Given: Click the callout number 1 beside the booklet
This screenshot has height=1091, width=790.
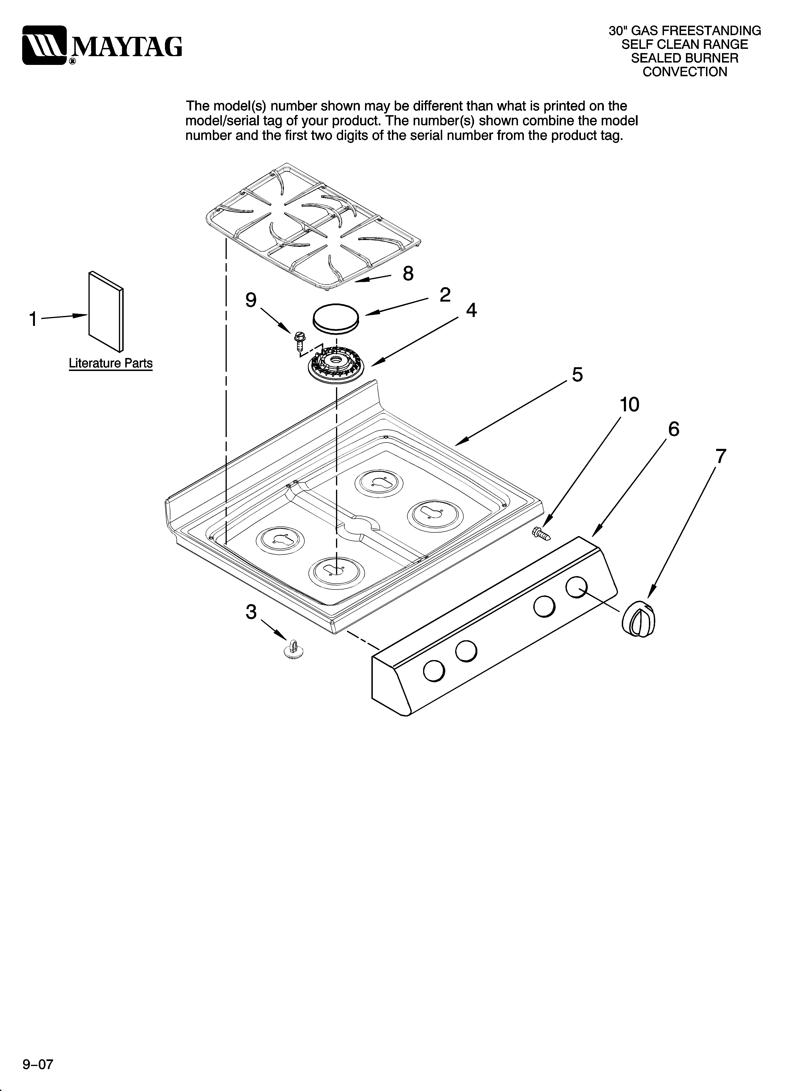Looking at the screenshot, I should [33, 319].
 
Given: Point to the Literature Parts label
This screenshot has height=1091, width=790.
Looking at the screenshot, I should [111, 363].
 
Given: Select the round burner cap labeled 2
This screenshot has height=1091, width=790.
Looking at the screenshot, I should [336, 317].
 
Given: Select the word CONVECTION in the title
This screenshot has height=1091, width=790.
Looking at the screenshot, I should [685, 72].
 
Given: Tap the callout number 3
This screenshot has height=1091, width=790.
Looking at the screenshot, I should [251, 612].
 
